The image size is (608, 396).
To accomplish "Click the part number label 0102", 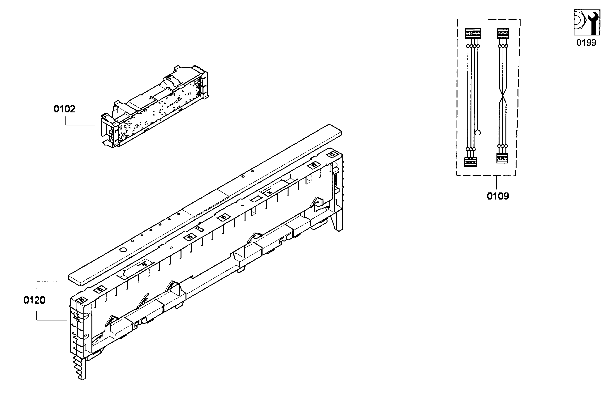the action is [x=64, y=109].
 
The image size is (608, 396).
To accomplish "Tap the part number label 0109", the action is [x=498, y=196].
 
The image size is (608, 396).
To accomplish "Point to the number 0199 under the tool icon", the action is [x=586, y=42].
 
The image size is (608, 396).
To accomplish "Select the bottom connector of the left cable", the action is [x=470, y=162].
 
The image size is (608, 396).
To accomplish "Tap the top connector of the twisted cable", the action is [x=503, y=34].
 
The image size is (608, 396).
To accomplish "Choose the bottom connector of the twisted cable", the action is [x=502, y=158].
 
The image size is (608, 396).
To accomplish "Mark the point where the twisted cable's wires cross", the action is [x=503, y=96].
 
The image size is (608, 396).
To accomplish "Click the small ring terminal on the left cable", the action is [x=478, y=132].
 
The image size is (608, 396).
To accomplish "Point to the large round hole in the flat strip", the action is [x=123, y=250].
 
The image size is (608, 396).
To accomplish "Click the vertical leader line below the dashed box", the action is [x=496, y=183].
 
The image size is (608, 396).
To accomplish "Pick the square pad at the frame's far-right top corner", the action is [x=332, y=154].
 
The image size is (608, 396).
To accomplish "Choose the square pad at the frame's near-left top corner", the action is [x=82, y=300].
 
